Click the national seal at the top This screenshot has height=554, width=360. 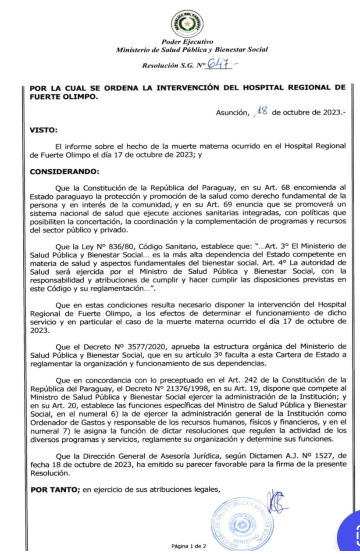(187, 24)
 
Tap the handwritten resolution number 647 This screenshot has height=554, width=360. (220, 64)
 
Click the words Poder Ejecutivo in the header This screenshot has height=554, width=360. (187, 42)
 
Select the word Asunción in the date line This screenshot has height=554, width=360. (231, 112)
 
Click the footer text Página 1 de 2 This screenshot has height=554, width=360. (188, 546)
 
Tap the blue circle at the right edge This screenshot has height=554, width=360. (351, 533)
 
